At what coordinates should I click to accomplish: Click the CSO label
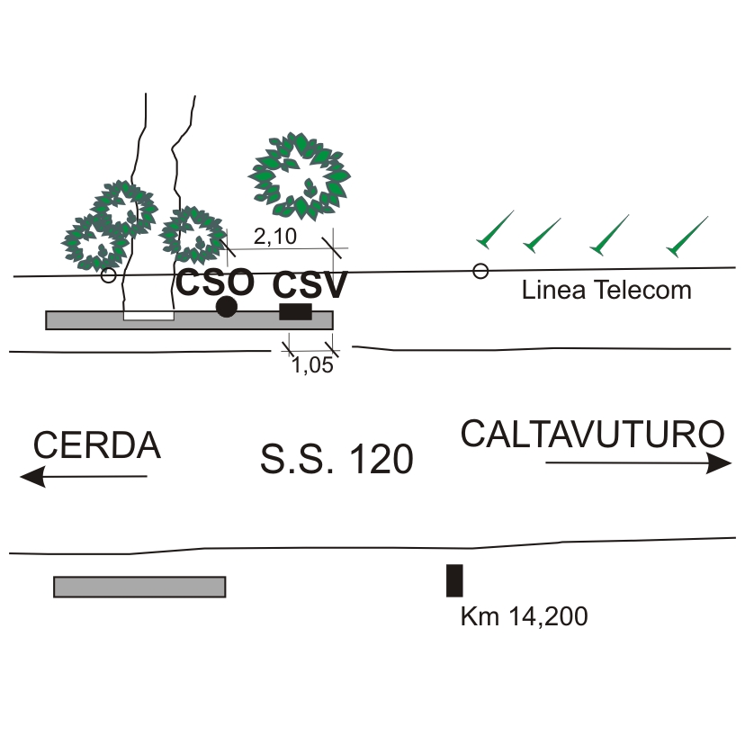click(x=214, y=283)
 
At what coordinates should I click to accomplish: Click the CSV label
click(x=310, y=286)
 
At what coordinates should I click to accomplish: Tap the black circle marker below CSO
click(x=227, y=307)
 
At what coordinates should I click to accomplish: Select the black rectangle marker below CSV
click(x=295, y=311)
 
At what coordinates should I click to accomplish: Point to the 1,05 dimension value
click(x=312, y=364)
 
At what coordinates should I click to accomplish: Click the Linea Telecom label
click(x=606, y=291)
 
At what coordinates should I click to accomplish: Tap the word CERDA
click(x=97, y=445)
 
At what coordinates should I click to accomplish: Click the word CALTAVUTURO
click(x=592, y=435)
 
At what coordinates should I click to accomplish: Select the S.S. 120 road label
click(x=337, y=460)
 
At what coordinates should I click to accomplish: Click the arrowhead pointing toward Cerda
click(x=32, y=477)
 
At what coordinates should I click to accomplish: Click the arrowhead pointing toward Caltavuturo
click(x=721, y=463)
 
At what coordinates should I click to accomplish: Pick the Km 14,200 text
click(x=523, y=617)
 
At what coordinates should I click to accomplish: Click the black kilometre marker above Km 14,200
click(x=454, y=580)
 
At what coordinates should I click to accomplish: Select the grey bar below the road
click(x=139, y=587)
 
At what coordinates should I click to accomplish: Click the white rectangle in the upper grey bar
click(x=148, y=316)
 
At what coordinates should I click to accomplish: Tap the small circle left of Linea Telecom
click(x=480, y=271)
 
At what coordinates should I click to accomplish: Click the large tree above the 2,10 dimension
click(x=300, y=176)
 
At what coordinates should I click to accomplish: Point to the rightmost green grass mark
click(x=686, y=236)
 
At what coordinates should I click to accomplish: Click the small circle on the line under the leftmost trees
click(x=108, y=275)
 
